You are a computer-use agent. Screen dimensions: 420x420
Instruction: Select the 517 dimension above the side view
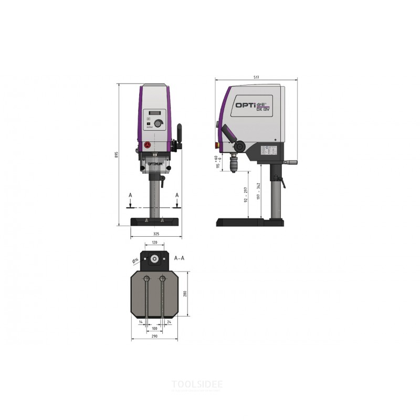coord(256,77)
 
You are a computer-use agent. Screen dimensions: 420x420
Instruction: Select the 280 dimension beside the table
coord(185,295)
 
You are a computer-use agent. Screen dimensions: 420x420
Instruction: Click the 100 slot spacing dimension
coord(154,328)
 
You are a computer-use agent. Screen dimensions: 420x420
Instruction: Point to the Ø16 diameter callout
coord(135,260)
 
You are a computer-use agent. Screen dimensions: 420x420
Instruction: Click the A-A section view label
coord(178,258)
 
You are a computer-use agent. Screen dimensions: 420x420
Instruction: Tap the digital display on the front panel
coord(154,113)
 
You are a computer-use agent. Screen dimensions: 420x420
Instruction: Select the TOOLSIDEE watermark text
coord(197,384)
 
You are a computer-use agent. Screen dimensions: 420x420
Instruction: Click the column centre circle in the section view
coord(155,259)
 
